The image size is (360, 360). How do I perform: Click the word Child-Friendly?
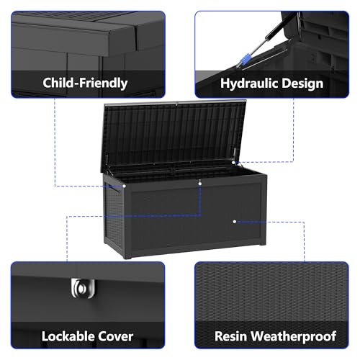click(85, 83)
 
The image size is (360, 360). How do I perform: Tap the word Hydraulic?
click(249, 84)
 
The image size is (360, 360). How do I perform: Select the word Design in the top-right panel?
click(302, 84)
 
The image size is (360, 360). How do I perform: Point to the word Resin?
click(230, 336)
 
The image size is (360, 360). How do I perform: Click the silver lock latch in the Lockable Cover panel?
click(83, 288)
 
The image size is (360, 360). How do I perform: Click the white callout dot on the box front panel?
click(235, 222)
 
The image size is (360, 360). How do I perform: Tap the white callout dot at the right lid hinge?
click(233, 163)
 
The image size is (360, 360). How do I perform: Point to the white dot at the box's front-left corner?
click(124, 186)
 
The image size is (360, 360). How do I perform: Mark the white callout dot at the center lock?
click(200, 184)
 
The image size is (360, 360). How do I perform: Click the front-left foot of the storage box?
click(127, 257)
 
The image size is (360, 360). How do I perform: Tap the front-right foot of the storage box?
click(263, 244)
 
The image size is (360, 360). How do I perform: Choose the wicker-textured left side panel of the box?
click(114, 216)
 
